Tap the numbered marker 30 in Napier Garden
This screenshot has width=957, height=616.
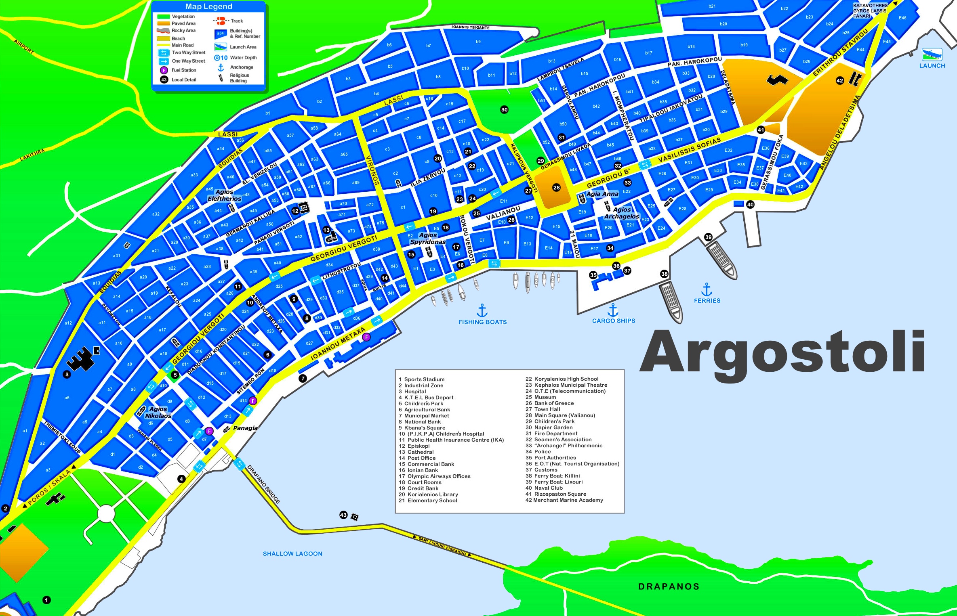point(504,109)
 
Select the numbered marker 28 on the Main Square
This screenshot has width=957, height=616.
point(556,187)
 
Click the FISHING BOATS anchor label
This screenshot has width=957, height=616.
point(482,322)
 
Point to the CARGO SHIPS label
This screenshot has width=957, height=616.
point(613,321)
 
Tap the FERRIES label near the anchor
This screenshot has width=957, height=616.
point(707,300)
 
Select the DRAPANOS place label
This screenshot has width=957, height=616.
point(669,587)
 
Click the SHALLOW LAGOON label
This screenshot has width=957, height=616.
point(292,553)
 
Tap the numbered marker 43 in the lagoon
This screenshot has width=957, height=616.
point(343,515)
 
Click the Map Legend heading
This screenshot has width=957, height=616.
point(208,6)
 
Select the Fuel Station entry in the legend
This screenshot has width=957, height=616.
point(183,70)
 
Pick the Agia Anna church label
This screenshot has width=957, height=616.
point(602,194)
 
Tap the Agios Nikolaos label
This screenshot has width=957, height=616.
point(158,412)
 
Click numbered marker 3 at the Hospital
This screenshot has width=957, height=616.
point(67,374)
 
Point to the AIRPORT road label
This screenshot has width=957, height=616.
point(23,47)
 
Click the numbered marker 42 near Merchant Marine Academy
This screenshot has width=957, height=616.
point(840,80)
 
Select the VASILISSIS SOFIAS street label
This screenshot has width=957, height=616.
point(689,150)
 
